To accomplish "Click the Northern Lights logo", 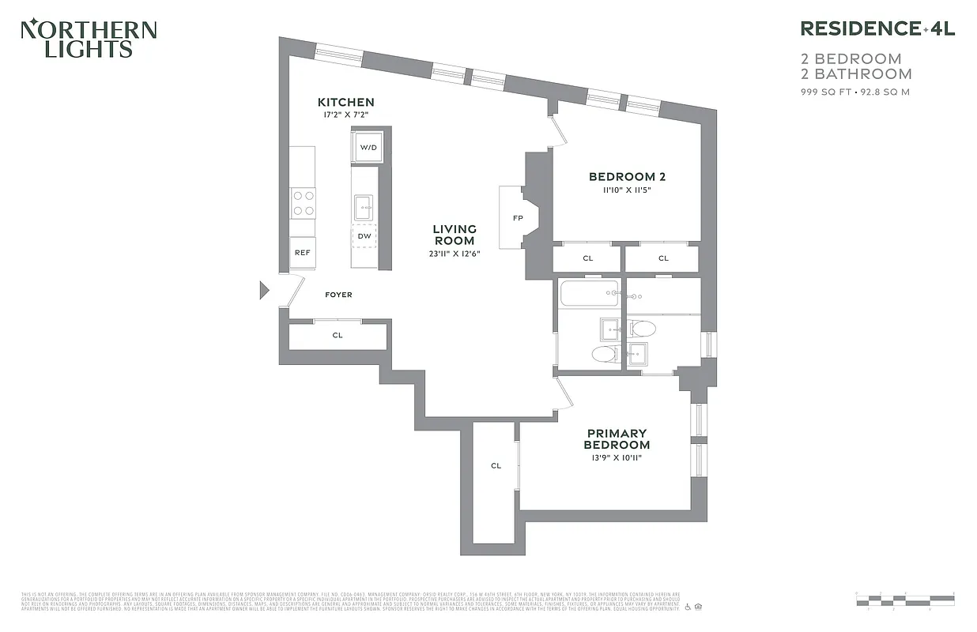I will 89,39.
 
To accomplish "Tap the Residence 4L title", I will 877,29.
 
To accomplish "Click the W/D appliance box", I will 368,148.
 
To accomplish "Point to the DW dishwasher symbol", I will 364,235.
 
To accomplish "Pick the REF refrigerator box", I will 302,253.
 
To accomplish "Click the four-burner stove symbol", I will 303,201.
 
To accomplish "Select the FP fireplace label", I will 518,217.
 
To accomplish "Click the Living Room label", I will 455,235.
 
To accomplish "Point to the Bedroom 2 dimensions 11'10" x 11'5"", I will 621,190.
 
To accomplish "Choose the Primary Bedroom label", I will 617,438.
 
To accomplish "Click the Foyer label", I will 338,295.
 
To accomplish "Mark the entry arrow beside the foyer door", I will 265,291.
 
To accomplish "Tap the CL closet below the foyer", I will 338,335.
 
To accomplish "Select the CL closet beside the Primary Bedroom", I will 496,465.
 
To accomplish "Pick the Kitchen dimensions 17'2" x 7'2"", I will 345,115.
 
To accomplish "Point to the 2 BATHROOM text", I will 857,74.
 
